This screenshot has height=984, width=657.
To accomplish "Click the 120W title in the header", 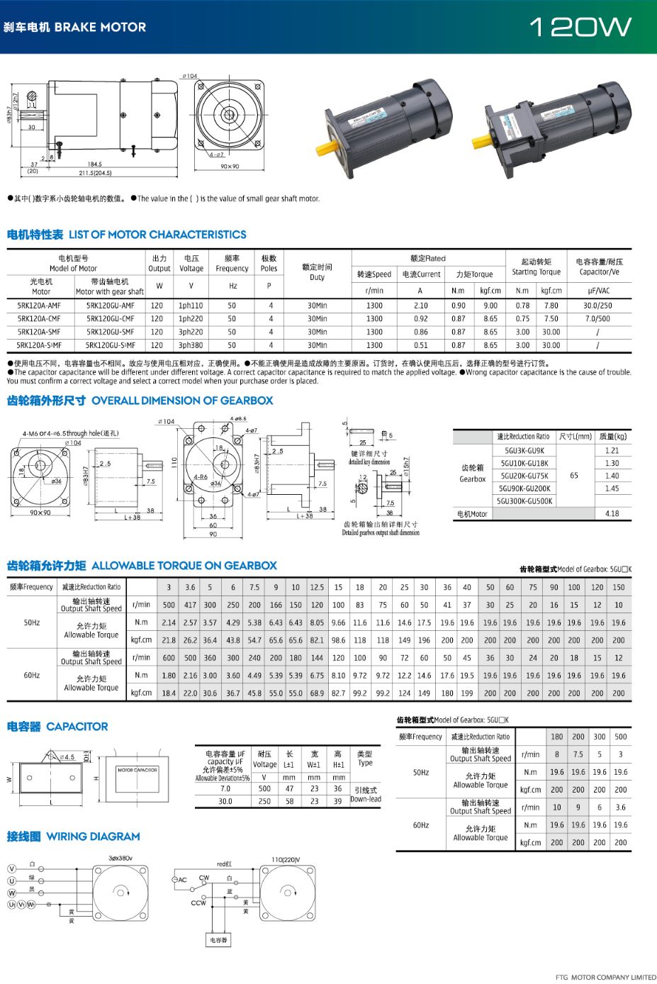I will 580,27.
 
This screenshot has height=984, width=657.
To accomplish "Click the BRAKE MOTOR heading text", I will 100,27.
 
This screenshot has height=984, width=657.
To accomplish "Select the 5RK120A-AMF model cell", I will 39,306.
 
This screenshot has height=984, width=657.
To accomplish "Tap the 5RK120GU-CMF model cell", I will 110,319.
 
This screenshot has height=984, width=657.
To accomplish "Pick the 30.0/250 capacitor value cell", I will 597,306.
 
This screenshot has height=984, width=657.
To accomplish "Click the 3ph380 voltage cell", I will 191,345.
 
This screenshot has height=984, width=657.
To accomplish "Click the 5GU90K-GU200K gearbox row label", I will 524,488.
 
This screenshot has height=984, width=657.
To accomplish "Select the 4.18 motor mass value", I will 612,513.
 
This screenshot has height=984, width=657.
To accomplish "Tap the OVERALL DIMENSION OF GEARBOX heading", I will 182,401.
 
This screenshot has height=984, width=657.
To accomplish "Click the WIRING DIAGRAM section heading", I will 93,837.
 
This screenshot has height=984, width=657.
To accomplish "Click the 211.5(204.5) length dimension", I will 95,172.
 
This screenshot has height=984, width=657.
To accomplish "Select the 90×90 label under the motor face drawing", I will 230,167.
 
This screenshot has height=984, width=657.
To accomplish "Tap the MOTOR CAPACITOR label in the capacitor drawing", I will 137,770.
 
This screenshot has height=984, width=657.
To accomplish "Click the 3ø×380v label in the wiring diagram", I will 120,858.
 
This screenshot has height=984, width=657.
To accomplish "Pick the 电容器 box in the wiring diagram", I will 218,940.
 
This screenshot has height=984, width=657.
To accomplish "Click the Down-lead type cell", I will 366,799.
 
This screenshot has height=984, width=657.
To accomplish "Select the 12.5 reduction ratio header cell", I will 317,587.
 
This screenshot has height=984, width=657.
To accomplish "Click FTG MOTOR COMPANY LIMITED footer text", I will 606,977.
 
